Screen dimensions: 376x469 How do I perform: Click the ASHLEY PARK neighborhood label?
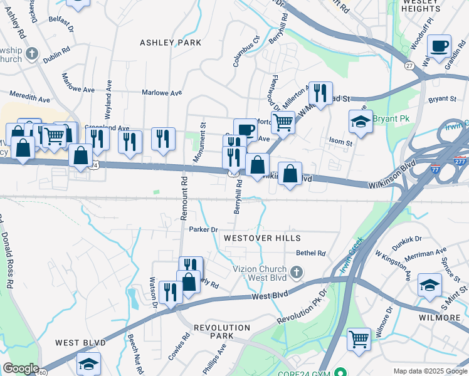(171, 43)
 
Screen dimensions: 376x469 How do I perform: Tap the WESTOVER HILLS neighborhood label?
(262, 238)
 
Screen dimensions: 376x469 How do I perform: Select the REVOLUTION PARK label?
(213, 332)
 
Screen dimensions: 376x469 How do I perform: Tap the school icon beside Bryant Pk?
(361, 122)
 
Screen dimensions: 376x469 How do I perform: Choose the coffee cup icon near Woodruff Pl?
(439, 46)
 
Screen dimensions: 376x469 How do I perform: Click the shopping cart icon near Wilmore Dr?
(359, 340)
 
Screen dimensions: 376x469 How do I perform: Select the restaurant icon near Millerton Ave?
(320, 93)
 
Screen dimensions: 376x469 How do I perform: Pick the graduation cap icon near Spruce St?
(429, 285)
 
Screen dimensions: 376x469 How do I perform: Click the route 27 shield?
(409, 66)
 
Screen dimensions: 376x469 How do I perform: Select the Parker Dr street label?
(203, 229)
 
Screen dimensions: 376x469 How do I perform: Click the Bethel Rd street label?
(311, 253)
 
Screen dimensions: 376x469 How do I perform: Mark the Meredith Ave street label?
(29, 99)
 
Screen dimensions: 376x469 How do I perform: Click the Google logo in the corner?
(20, 368)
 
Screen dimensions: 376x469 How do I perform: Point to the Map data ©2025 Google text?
(429, 371)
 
